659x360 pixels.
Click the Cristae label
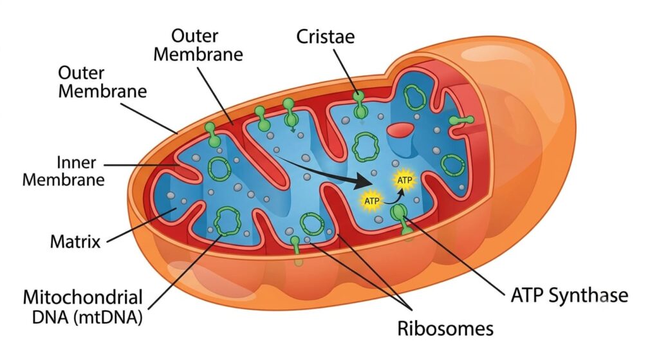point(325,37)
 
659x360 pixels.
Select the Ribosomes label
point(445,328)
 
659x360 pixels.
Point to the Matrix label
point(75,242)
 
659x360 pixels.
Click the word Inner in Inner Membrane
point(76,162)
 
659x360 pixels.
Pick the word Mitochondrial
point(83,298)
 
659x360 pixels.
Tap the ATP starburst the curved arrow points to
point(404,180)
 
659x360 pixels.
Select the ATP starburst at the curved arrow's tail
point(371,201)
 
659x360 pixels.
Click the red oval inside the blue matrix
point(401,130)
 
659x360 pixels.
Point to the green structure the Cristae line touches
point(360,105)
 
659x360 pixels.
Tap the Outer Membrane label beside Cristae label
point(198,45)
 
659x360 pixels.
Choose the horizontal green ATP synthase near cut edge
point(461,120)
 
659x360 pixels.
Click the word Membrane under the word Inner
point(64,180)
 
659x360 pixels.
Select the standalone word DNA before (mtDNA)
point(50,317)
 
